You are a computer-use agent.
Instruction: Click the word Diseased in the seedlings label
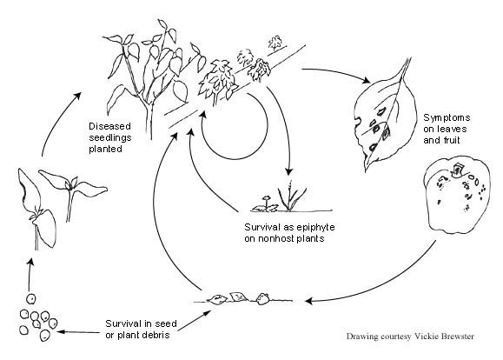[x=109, y=126]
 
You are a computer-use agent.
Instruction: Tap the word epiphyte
[x=315, y=227]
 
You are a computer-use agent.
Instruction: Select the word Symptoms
[x=447, y=118]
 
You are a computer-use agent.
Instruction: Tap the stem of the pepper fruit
[x=456, y=170]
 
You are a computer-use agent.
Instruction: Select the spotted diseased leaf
[x=384, y=115]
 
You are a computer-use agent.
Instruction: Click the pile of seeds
[x=37, y=318]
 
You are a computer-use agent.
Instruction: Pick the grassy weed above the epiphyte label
[x=291, y=197]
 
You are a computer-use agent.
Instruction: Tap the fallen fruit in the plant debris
[x=263, y=298]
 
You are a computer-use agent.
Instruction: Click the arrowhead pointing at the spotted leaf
[x=366, y=80]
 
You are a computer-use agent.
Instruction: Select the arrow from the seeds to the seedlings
[x=30, y=275]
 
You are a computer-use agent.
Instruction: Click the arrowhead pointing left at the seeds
[x=60, y=331]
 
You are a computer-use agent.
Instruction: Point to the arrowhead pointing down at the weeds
[x=289, y=170]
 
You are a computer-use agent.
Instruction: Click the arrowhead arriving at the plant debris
[x=308, y=301]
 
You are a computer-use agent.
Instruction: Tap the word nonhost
[x=277, y=238]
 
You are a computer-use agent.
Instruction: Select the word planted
[x=105, y=149]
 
